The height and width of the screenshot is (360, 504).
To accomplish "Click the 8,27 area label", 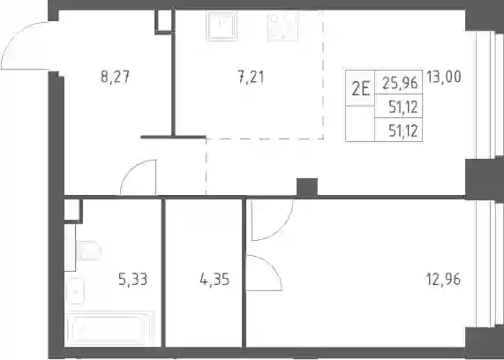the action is pyautogui.click(x=115, y=77).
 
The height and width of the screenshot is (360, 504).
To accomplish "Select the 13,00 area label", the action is pyautogui.click(x=444, y=77).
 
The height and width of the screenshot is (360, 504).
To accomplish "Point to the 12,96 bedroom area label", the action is pyautogui.click(x=444, y=279).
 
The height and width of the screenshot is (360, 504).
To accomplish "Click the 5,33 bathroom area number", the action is pyautogui.click(x=132, y=279).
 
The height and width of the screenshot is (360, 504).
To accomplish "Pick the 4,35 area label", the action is pyautogui.click(x=214, y=279).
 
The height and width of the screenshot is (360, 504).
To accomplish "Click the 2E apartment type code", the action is pyautogui.click(x=360, y=89).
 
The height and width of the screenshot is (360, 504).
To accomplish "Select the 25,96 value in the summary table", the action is pyautogui.click(x=400, y=83).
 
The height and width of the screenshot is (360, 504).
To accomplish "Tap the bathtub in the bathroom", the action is pyautogui.click(x=109, y=328).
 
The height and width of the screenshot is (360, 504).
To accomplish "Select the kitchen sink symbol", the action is pyautogui.click(x=222, y=26).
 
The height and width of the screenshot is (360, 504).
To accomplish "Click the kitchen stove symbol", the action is pyautogui.click(x=282, y=26).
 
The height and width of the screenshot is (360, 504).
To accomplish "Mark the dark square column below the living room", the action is pyautogui.click(x=307, y=187).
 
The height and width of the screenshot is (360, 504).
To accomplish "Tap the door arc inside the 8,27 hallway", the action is pyautogui.click(x=132, y=169).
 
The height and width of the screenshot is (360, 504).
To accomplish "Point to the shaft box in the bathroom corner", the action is pyautogui.click(x=72, y=211).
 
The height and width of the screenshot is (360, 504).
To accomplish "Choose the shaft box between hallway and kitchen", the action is pyautogui.click(x=164, y=21).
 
